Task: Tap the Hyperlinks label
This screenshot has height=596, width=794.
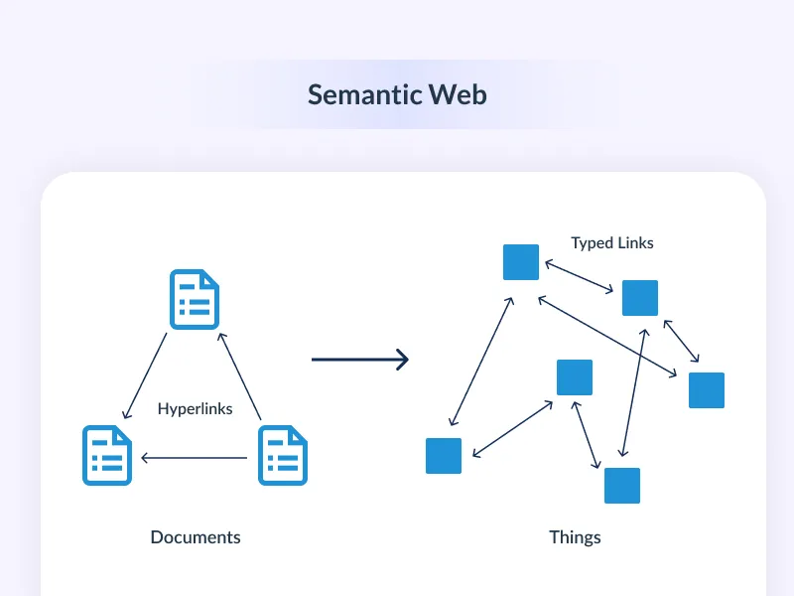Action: click(x=196, y=408)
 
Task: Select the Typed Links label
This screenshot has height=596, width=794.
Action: click(x=612, y=242)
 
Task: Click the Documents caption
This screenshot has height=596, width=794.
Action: click(x=196, y=537)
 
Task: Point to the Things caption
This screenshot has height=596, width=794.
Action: click(x=575, y=537)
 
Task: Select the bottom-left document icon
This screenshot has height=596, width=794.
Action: click(x=107, y=455)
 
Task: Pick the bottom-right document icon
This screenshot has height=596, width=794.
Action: click(x=283, y=455)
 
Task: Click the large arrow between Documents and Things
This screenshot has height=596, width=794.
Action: click(x=359, y=360)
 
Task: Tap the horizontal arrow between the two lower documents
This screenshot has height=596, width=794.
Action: click(x=194, y=458)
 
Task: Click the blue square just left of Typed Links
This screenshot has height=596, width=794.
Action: click(x=521, y=262)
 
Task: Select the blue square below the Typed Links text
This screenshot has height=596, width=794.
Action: click(x=640, y=298)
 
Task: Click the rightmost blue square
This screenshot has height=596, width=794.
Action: click(x=707, y=390)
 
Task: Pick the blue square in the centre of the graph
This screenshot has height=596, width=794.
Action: click(x=575, y=377)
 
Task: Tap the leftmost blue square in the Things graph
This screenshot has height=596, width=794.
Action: click(x=444, y=455)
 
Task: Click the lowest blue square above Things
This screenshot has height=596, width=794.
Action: click(x=622, y=485)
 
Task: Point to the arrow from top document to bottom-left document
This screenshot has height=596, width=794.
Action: click(x=145, y=375)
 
